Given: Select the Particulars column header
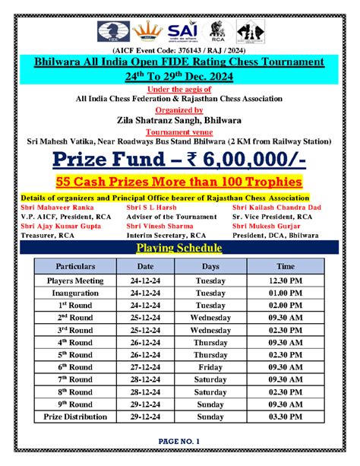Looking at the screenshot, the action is (x=75, y=267).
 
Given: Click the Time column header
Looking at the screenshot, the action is (x=286, y=267).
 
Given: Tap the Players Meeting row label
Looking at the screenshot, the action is (x=75, y=281).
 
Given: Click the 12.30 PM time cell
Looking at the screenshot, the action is (x=286, y=281).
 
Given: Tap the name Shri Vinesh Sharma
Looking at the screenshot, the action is (x=159, y=226).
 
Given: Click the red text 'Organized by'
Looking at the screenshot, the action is (x=180, y=109).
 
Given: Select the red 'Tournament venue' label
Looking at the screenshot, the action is (x=180, y=130).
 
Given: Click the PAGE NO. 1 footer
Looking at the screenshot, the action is (x=179, y=442).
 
